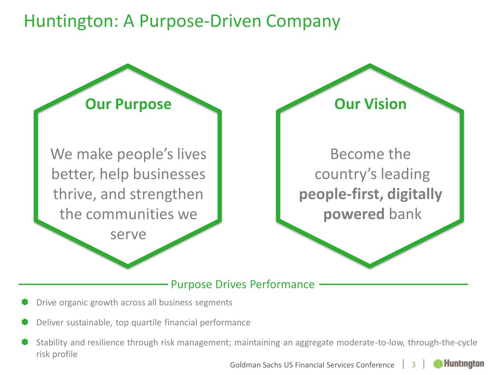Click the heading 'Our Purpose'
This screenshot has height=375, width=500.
tap(128, 104)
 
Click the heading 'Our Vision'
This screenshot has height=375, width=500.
tap(370, 104)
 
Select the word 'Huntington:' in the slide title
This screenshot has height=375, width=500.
tap(71, 21)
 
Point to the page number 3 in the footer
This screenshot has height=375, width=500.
tap(414, 365)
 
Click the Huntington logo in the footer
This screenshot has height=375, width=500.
tap(459, 364)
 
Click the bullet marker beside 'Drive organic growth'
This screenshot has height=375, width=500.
tap(25, 302)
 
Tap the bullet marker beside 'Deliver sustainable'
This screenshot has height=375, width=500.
tap(25, 322)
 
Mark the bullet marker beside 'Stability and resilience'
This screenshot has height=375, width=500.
tap(25, 342)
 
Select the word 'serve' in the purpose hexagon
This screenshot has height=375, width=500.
tap(128, 234)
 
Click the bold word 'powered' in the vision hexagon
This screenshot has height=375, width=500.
tap(354, 215)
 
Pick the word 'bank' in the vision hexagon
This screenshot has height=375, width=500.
tap(405, 214)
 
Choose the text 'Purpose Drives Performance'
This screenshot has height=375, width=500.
tap(242, 285)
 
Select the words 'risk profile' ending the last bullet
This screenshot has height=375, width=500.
tap(57, 354)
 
